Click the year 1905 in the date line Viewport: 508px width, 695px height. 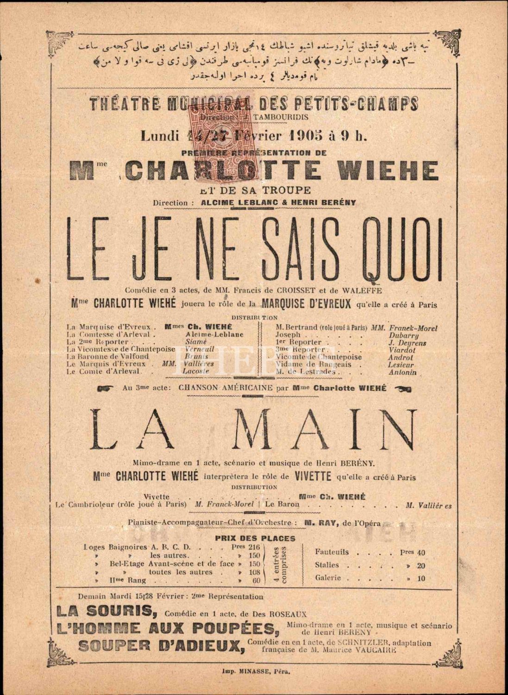click(x=296, y=136)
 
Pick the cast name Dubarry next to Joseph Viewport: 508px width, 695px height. click(x=404, y=335)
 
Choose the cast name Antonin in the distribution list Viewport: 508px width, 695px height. click(x=402, y=372)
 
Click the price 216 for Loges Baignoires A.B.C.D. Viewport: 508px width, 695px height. click(x=254, y=547)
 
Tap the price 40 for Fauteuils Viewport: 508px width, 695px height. click(x=420, y=553)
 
